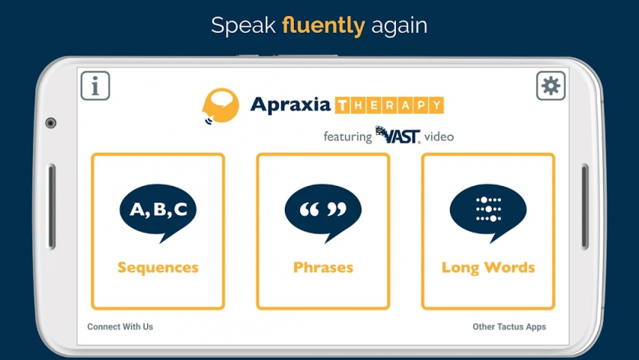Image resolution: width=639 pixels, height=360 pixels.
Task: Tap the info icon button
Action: tap(95, 85)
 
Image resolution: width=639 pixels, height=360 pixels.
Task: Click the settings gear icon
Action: tap(550, 85)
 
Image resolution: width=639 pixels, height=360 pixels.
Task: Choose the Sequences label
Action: tap(158, 268)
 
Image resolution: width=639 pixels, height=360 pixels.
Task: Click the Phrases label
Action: tap(323, 268)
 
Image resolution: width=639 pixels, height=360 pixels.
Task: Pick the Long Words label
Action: tap(488, 268)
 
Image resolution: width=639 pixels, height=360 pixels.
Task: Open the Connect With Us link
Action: tap(120, 326)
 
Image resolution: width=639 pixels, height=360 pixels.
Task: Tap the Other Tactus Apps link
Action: tap(509, 327)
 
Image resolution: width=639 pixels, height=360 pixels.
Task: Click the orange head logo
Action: tap(220, 106)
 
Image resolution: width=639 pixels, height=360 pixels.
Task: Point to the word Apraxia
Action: tap(290, 105)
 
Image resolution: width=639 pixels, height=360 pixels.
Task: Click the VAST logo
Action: tap(397, 135)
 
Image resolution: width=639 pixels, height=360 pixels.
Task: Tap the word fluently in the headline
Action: tap(323, 25)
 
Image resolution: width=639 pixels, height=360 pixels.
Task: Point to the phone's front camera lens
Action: tap(50, 123)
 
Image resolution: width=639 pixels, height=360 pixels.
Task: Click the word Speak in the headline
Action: tap(244, 26)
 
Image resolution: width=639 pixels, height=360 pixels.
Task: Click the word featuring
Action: tap(347, 136)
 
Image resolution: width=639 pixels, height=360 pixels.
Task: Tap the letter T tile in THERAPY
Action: tap(342, 105)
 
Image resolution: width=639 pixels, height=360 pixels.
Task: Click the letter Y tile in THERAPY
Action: tap(436, 105)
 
